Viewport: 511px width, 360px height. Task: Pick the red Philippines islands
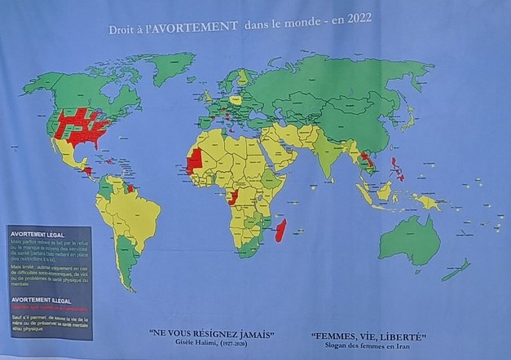pos(399,169)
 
